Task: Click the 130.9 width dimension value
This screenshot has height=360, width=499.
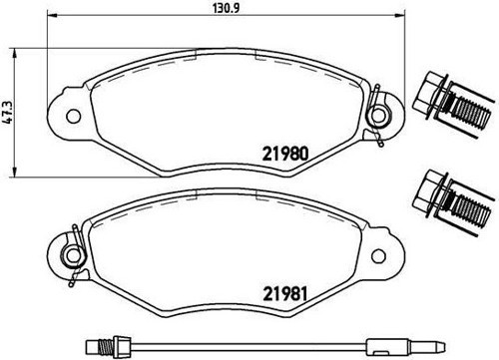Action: [x=227, y=8]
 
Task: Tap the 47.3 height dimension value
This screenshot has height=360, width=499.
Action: [x=8, y=113]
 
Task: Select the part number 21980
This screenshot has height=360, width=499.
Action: [x=285, y=154]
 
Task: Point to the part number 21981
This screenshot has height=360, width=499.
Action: [x=284, y=294]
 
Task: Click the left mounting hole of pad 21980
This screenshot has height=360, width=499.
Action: [x=74, y=116]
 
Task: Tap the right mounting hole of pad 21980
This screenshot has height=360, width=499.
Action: [x=378, y=116]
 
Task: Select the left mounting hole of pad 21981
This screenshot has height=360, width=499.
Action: [x=73, y=255]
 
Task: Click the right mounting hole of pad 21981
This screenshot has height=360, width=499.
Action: [x=378, y=256]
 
